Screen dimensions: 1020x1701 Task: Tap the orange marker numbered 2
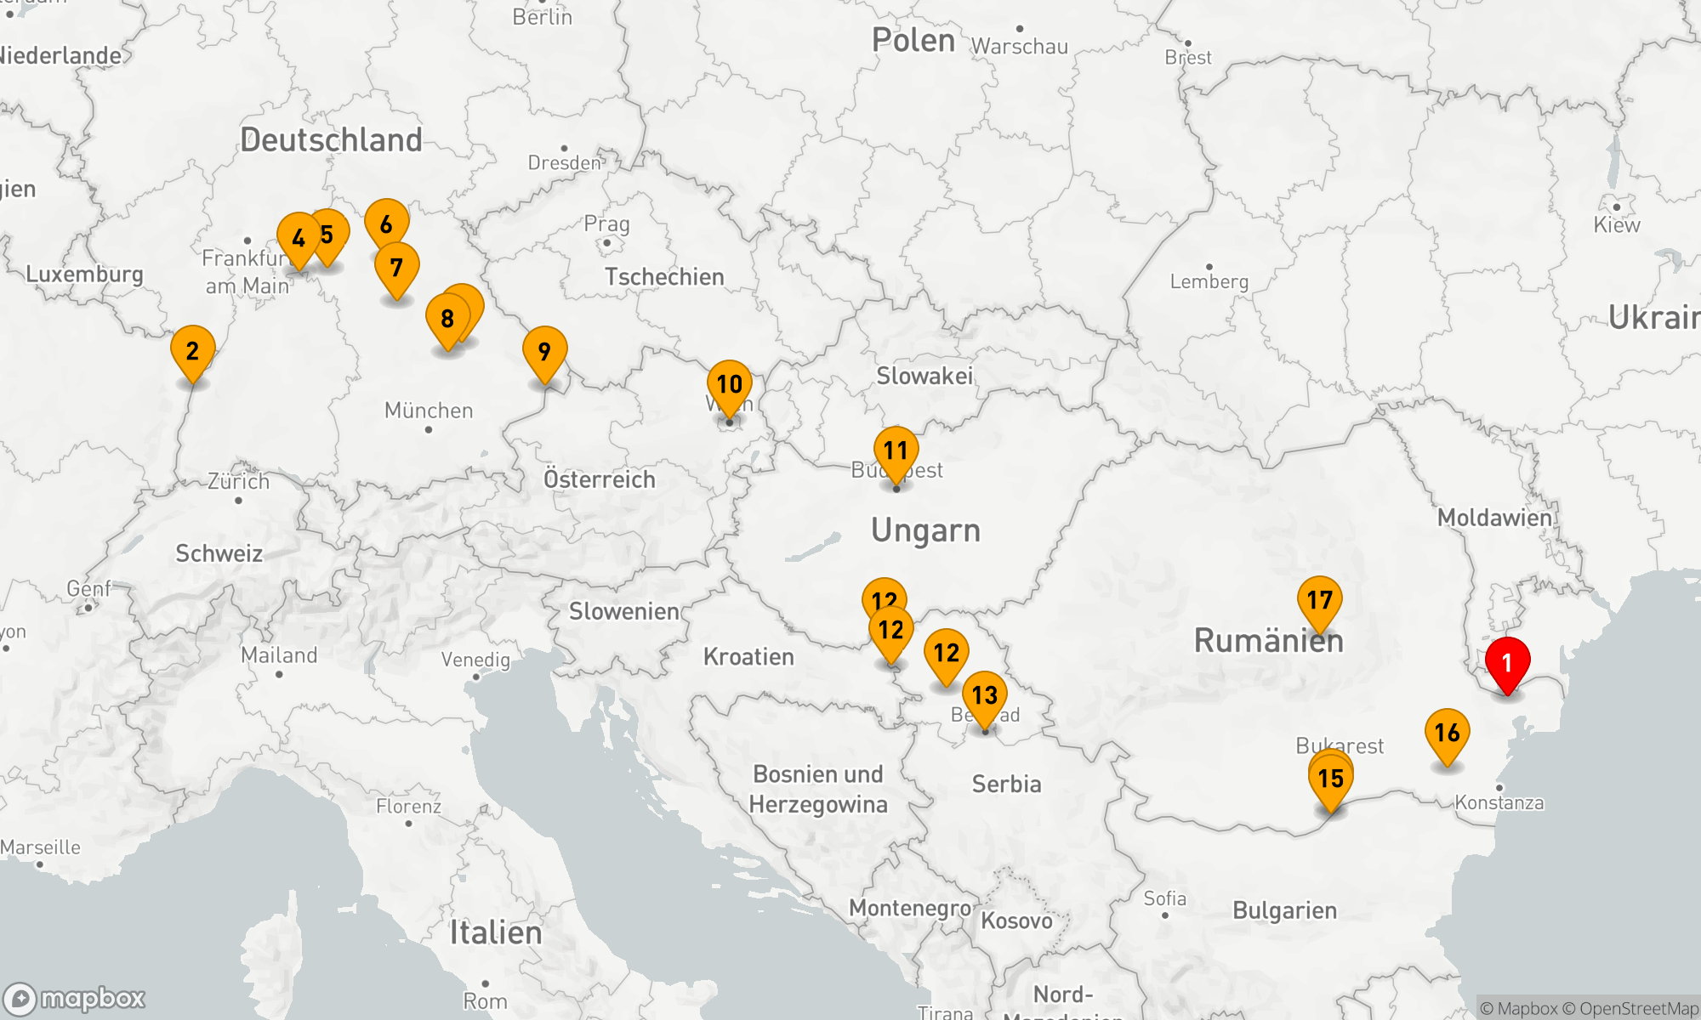coord(193,351)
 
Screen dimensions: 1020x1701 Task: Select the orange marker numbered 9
coord(545,351)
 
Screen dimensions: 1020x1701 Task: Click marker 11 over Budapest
coord(896,451)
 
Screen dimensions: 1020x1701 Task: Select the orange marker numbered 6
coord(387,224)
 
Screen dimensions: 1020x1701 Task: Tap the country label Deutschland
coord(331,140)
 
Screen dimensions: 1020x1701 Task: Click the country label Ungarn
coord(925,530)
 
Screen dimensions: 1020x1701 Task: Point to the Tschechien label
coord(664,277)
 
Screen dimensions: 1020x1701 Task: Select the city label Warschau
coord(1019,46)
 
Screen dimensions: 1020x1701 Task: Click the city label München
coord(429,411)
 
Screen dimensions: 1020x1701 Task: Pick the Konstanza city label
coord(1499,802)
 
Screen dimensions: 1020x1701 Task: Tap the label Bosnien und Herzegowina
coord(818,789)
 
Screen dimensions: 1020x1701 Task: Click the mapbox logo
coord(75,998)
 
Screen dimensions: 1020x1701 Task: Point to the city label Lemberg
coord(1209,281)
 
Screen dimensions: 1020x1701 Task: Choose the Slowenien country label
coord(623,611)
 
